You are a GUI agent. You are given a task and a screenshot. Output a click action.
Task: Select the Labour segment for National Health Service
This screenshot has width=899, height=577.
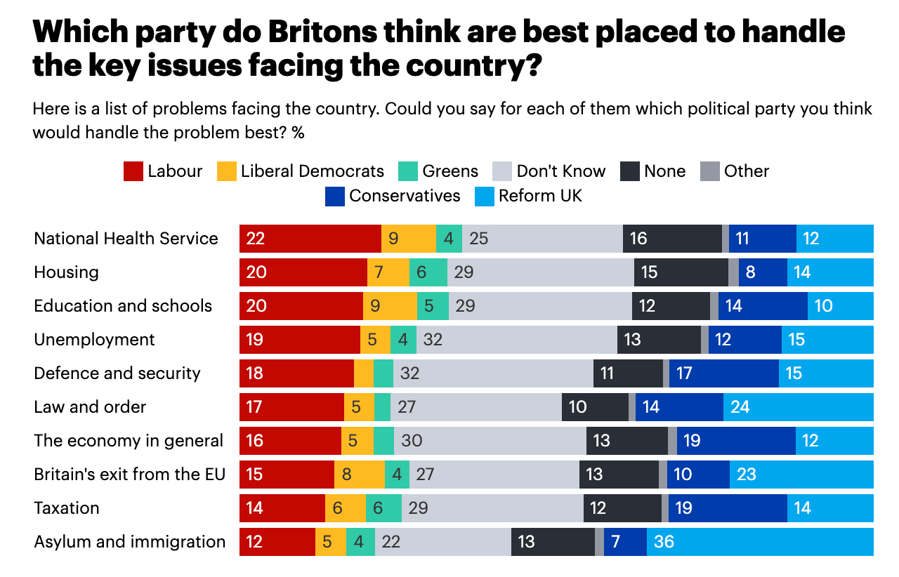(310, 239)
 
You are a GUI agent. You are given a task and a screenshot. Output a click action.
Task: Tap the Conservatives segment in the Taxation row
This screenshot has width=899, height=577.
(728, 508)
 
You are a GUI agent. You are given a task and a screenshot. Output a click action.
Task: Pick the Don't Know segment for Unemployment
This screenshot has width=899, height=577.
(517, 340)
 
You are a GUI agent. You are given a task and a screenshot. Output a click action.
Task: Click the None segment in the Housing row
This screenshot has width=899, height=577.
(681, 272)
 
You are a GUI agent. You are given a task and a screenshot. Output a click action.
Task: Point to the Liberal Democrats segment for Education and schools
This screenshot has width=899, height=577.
(390, 306)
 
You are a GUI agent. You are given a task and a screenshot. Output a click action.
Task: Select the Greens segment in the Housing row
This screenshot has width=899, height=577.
(428, 272)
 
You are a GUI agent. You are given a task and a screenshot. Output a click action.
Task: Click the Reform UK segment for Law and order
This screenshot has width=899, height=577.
(798, 407)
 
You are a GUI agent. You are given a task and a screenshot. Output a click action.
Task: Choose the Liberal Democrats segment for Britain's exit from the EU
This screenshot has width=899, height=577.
(359, 475)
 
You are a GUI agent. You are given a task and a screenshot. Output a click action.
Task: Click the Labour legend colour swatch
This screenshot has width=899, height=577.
(133, 171)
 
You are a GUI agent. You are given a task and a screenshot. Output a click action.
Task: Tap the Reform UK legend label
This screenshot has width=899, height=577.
(540, 195)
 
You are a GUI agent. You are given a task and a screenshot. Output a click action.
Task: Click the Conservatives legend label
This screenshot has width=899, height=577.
(405, 195)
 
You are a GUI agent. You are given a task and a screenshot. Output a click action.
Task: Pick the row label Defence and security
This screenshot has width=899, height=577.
(117, 373)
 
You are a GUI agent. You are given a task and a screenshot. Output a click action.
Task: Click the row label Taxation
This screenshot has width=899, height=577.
(67, 508)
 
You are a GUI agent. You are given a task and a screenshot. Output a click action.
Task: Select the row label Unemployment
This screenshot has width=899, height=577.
(94, 340)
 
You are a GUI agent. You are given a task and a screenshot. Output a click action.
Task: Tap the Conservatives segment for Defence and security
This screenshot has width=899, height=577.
(724, 373)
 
